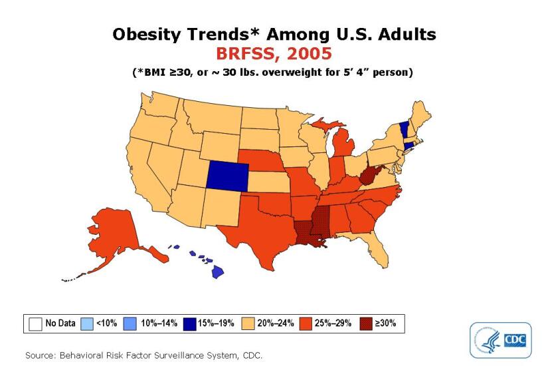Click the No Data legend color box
(x=35, y=323)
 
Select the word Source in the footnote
(x=40, y=355)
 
